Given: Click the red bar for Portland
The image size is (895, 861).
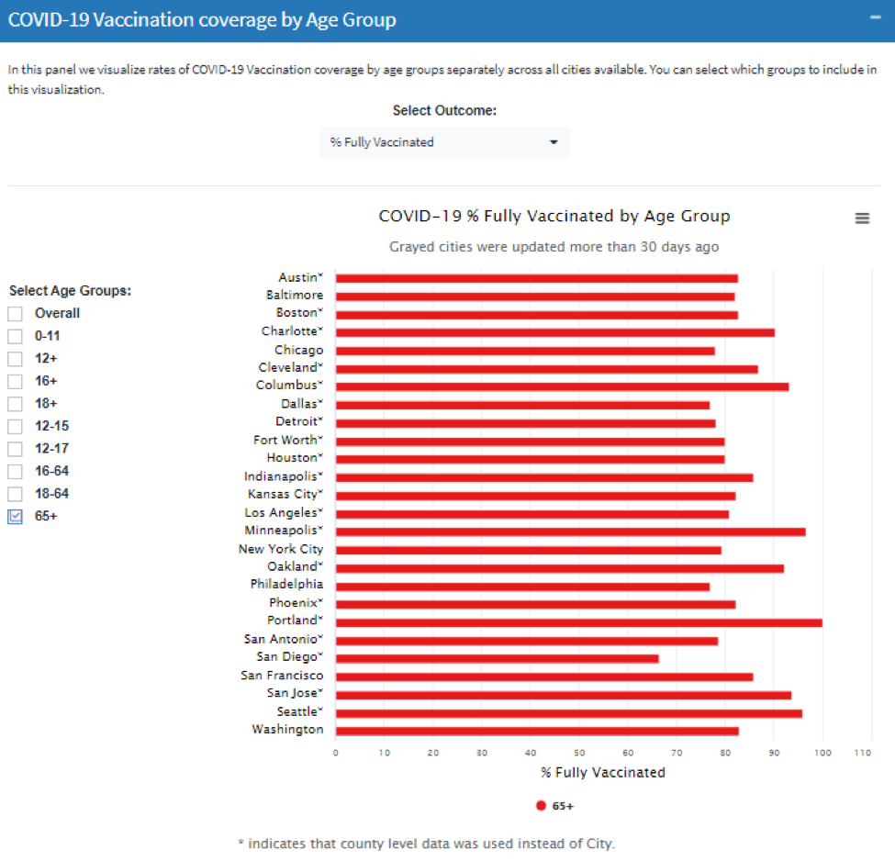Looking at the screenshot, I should (x=578, y=622).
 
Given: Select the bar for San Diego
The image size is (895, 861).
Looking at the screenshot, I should (x=497, y=658).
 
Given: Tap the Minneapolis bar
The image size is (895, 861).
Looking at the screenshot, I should (x=570, y=531).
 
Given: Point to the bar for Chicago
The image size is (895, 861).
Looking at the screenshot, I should (x=524, y=351).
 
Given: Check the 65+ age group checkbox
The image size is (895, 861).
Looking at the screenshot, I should (x=16, y=517).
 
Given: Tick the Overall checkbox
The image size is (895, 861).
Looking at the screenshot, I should (x=16, y=314).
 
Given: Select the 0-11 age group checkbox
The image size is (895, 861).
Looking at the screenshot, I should (x=16, y=336).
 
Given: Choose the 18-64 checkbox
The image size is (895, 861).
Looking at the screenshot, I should (x=16, y=494).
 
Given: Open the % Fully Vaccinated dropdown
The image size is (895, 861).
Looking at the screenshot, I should (x=444, y=142).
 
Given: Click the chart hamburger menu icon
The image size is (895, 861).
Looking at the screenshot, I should (x=862, y=218).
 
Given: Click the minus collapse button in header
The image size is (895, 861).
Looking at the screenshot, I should (x=875, y=19).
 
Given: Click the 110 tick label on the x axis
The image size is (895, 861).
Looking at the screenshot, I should (x=862, y=753).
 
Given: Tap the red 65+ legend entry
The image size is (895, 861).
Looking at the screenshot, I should (x=555, y=806).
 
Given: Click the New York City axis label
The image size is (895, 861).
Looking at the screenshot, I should (x=281, y=549).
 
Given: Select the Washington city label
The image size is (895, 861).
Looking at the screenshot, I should (x=287, y=730).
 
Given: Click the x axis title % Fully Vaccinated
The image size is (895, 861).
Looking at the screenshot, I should (x=603, y=773).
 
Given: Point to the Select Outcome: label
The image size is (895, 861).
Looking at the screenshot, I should (x=444, y=111).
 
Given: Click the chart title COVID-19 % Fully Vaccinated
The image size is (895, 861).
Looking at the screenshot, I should (x=554, y=217).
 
